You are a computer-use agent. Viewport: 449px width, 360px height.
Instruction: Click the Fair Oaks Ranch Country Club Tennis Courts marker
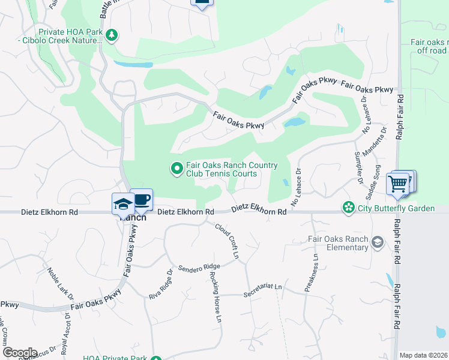pyautogui.click(x=176, y=170)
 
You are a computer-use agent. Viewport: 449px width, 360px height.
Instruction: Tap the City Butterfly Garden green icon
pyautogui.click(x=348, y=208)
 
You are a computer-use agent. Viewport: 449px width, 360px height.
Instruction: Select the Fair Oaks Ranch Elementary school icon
pyautogui.click(x=377, y=242)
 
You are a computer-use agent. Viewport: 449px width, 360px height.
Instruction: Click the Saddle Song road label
pyautogui.click(x=373, y=182)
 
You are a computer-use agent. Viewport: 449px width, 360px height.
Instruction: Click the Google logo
pyautogui.click(x=20, y=353)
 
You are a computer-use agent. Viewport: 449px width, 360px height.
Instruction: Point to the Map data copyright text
pyautogui.click(x=423, y=355)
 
